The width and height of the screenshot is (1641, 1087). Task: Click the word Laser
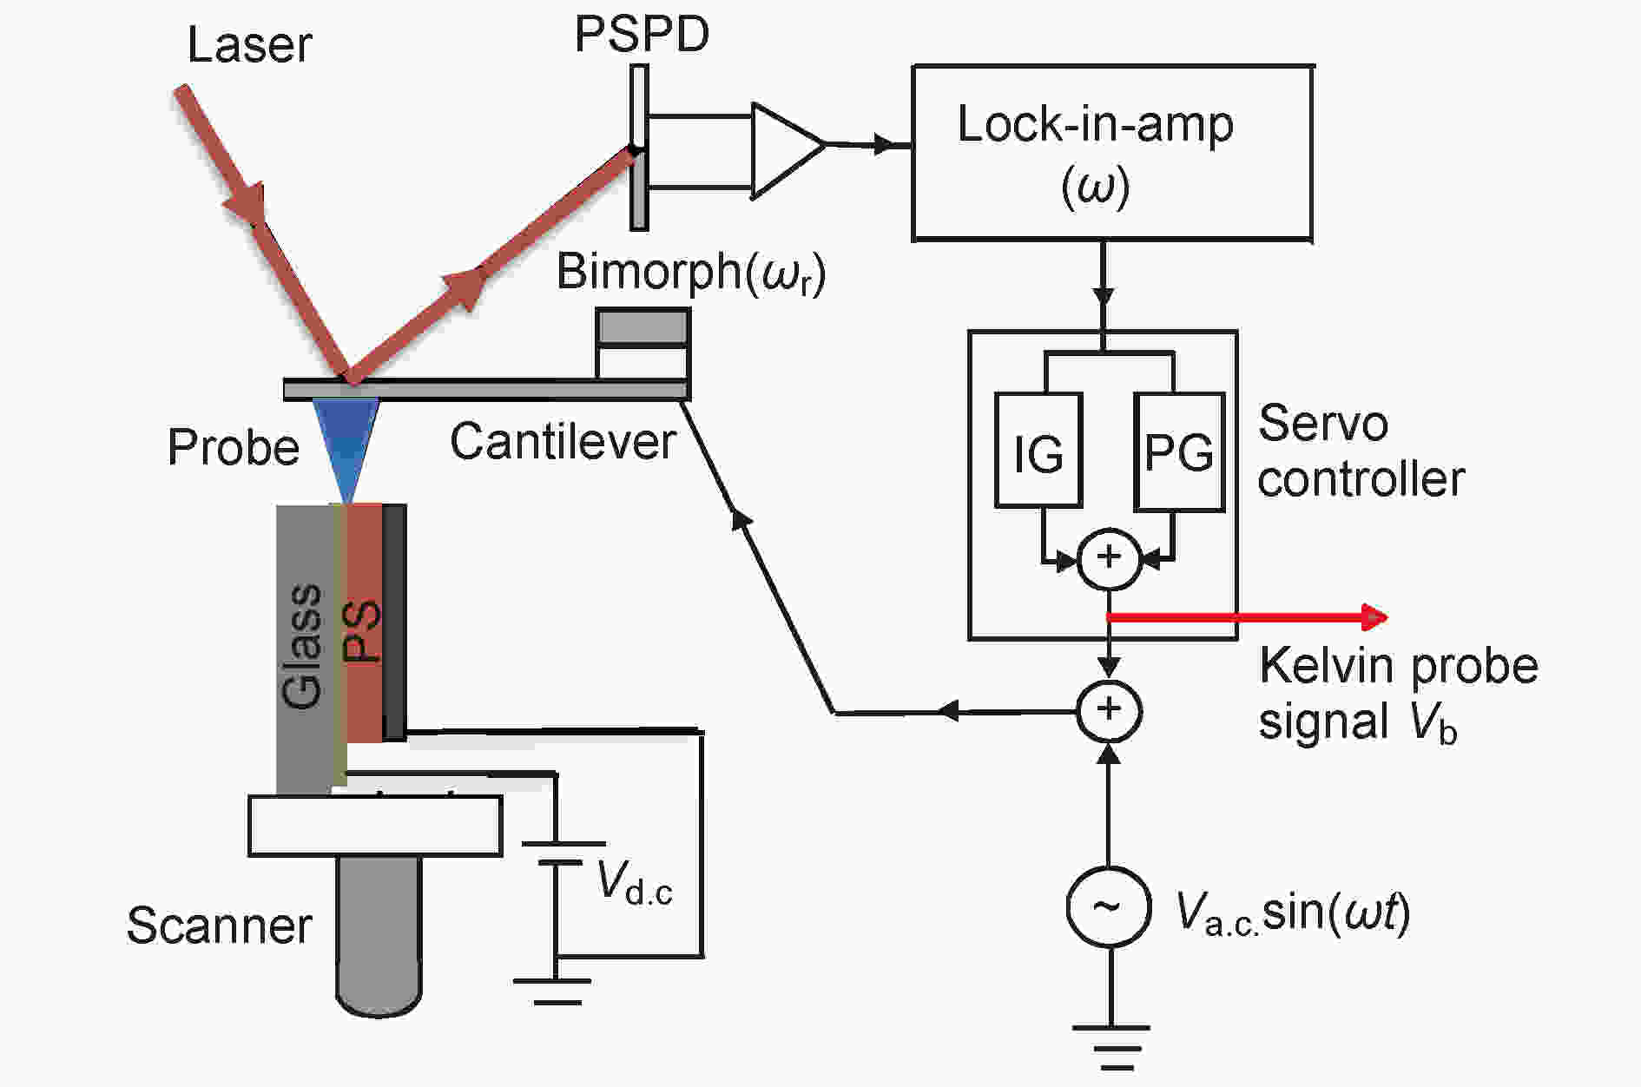tap(250, 45)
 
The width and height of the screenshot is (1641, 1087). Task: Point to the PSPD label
tap(643, 34)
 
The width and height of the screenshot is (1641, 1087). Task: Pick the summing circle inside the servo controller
tap(1109, 558)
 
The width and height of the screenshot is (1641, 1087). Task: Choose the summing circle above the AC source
tap(1109, 711)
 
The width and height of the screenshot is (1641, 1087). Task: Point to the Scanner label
tap(220, 926)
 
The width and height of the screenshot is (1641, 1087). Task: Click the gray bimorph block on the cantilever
tap(643, 327)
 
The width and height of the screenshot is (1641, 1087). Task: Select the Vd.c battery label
tap(635, 885)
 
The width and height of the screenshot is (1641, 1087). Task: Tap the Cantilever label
tap(563, 441)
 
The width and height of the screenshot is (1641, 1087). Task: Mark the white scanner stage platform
tap(375, 826)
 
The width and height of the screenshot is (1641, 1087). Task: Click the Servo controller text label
tap(1361, 451)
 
